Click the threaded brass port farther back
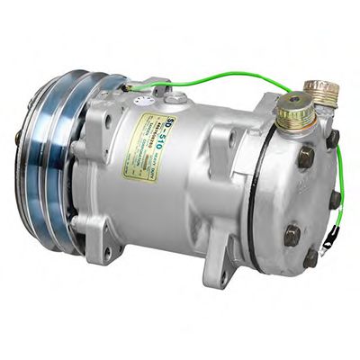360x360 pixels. tap(321, 92)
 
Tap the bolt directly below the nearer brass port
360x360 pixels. tap(306, 157)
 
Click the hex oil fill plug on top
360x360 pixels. tap(178, 97)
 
